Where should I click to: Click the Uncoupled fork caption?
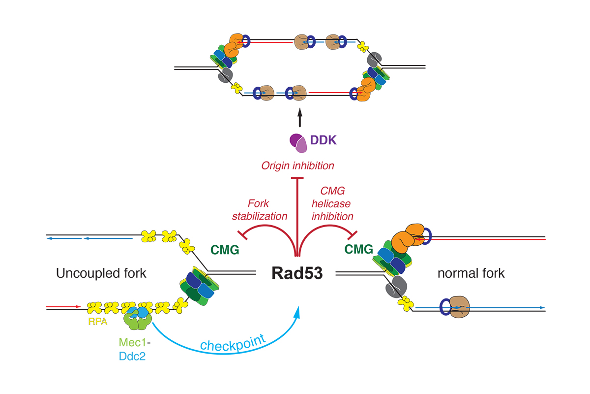(x=101, y=273)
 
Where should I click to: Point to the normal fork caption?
(x=471, y=273)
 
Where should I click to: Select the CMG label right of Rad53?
(x=359, y=250)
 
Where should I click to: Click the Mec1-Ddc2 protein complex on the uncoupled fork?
(x=137, y=318)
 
